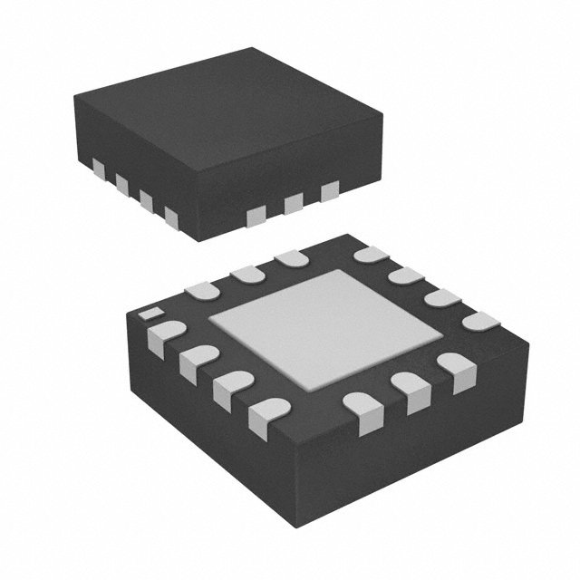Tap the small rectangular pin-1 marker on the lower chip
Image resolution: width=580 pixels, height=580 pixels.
148,314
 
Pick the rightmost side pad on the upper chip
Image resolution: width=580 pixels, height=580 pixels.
329,189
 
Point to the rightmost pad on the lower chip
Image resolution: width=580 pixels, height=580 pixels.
480,322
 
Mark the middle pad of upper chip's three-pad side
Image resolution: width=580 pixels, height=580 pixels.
293,203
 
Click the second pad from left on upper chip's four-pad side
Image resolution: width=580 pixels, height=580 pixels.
121,183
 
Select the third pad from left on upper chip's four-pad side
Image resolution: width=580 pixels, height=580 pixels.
145,199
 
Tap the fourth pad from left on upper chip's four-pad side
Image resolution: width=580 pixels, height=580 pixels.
170,215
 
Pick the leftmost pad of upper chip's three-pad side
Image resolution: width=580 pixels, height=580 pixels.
258,214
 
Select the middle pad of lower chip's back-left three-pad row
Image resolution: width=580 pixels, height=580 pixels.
246,273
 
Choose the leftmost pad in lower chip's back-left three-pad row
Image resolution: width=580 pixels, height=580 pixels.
201,290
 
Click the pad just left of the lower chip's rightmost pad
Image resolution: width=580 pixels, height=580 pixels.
441,298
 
